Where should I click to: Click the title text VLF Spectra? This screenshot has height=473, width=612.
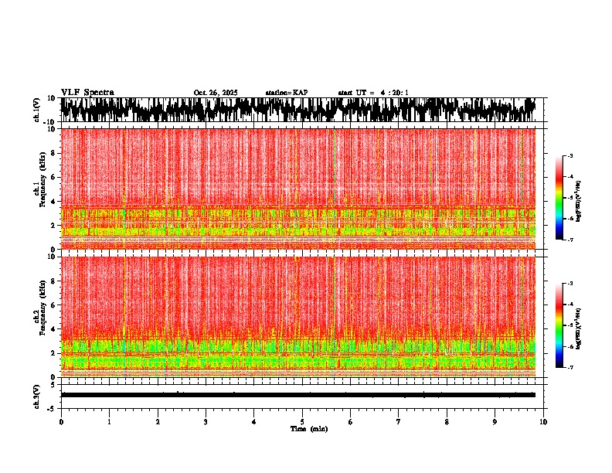coord(87,92)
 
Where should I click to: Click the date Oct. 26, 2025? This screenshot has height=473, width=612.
coord(216,93)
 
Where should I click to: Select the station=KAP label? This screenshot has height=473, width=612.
coord(287,93)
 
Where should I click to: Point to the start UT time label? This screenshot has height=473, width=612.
coord(373,93)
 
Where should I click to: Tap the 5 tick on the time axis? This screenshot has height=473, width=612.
coord(302,422)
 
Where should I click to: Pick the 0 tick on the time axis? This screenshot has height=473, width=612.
coord(61,422)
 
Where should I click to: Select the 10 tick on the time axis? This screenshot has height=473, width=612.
coord(543,422)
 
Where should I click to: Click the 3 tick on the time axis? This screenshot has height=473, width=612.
coord(206,422)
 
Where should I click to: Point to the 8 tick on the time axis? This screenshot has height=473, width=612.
coord(447,422)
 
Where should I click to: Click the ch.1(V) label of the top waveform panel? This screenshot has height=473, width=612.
coord(37,110)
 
